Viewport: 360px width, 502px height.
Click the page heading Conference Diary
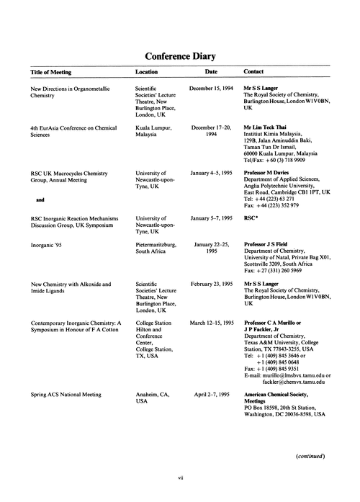coord(180,55)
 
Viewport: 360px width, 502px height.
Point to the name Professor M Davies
coord(273,174)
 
